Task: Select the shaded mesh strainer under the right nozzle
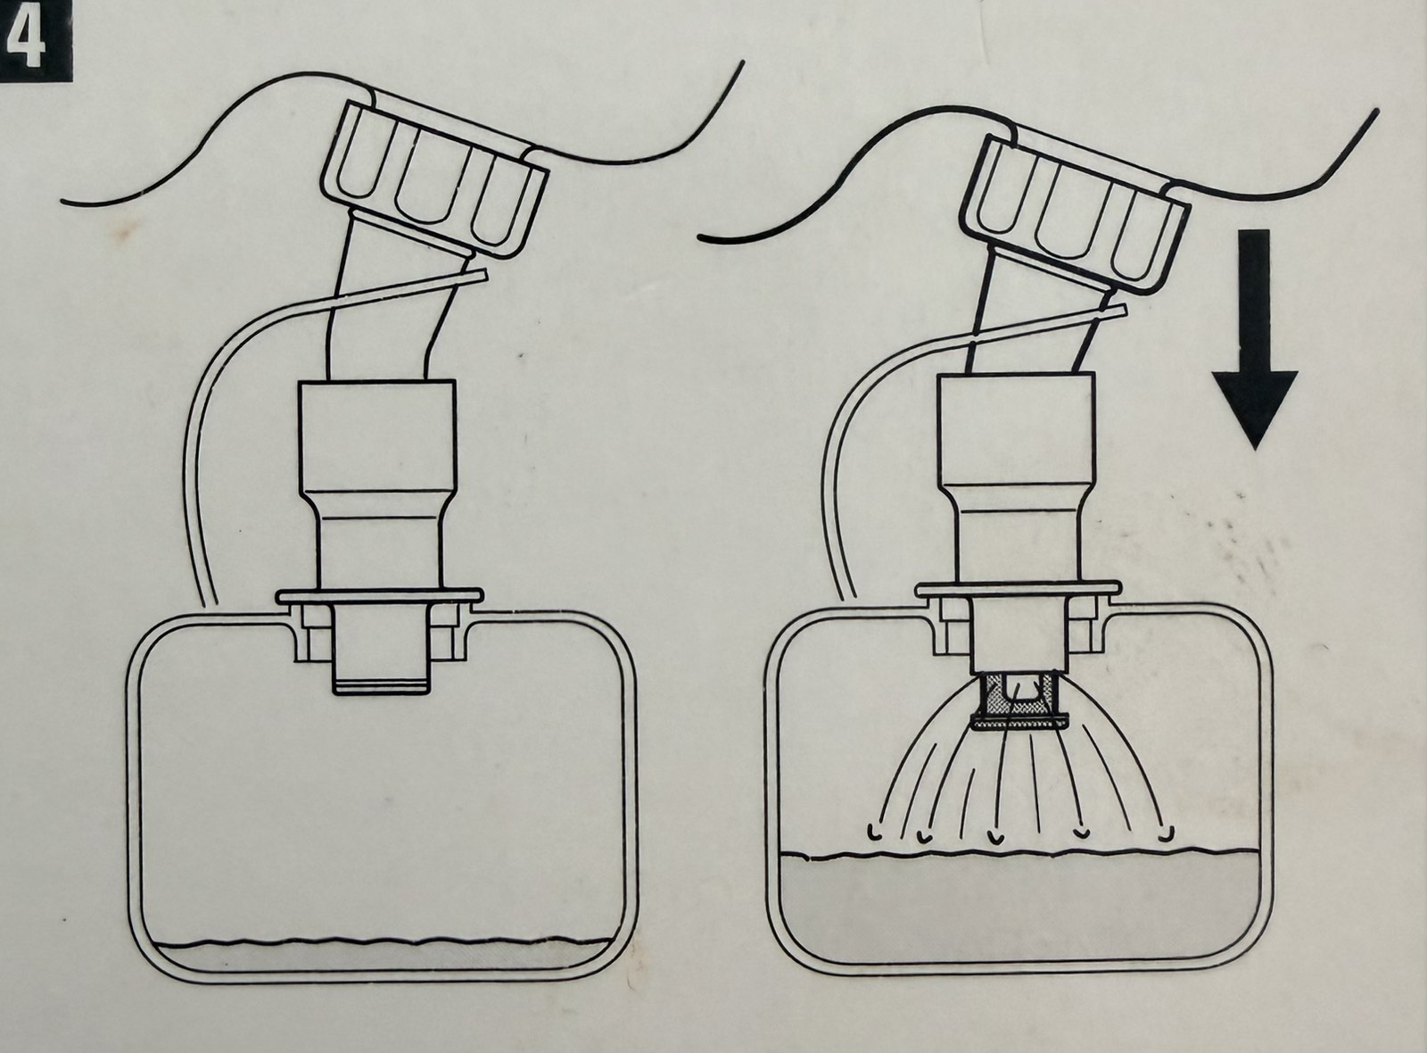click(1020, 704)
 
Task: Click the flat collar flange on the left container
click(380, 597)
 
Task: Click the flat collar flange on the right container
click(1018, 589)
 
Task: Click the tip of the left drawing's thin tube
click(485, 275)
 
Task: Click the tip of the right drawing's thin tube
click(1124, 310)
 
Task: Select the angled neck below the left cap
click(396, 300)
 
